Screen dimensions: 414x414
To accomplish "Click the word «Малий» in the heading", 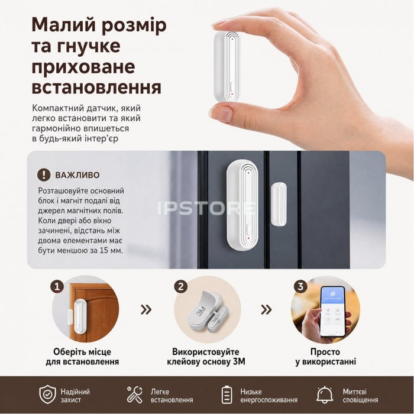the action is pyautogui.click(x=62, y=25).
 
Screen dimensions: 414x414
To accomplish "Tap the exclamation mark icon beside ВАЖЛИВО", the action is pyautogui.click(x=44, y=174).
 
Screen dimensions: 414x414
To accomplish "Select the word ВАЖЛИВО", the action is pyautogui.click(x=77, y=175).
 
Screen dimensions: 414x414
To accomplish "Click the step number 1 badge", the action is pyautogui.click(x=57, y=286).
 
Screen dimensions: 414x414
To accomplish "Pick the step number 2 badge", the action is pyautogui.click(x=181, y=286).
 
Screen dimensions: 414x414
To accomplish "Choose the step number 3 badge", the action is pyautogui.click(x=300, y=286).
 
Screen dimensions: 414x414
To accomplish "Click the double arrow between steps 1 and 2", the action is pyautogui.click(x=146, y=309).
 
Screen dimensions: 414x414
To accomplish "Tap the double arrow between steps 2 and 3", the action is pyautogui.click(x=266, y=309).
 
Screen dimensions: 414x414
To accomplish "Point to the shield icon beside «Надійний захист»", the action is pyautogui.click(x=48, y=394).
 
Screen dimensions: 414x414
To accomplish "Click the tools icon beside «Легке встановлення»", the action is pyautogui.click(x=135, y=394).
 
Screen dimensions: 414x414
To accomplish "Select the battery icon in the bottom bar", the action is pyautogui.click(x=227, y=394).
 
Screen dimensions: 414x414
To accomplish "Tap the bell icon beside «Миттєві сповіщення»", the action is pyautogui.click(x=325, y=394).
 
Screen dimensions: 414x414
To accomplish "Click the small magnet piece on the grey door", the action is pyautogui.click(x=279, y=204).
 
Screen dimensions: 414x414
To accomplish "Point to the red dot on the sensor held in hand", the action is pyautogui.click(x=232, y=93).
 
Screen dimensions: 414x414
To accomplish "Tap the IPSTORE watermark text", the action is pyautogui.click(x=207, y=208).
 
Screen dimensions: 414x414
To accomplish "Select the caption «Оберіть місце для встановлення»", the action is pyautogui.click(x=82, y=357).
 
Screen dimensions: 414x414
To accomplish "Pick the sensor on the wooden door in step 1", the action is pyautogui.click(x=78, y=316).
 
